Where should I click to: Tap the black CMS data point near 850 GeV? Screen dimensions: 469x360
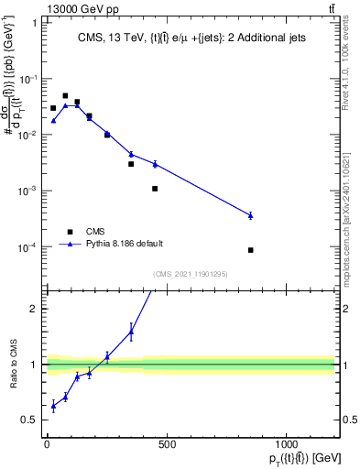tap(250, 250)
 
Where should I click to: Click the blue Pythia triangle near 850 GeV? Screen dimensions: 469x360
tap(250, 215)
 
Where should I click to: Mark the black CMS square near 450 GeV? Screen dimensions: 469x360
tap(155, 189)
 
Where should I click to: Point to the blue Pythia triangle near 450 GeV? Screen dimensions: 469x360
tap(155, 164)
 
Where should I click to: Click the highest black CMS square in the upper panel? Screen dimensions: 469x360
tap(65, 95)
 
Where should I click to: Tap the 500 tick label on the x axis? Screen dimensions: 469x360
tap(167, 444)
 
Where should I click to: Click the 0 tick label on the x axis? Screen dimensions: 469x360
tap(47, 444)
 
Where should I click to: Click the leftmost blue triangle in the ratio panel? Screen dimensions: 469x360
tap(53, 405)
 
